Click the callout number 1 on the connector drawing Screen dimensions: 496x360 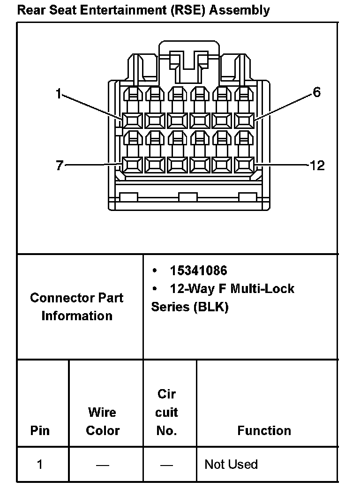[x=59, y=94]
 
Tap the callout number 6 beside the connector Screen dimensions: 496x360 [x=317, y=92]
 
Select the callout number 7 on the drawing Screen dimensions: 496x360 [x=59, y=165]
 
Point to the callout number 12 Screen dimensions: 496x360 [x=317, y=165]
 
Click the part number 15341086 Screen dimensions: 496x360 [x=198, y=271]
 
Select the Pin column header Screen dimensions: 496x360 [x=40, y=430]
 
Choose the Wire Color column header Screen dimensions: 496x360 [x=103, y=421]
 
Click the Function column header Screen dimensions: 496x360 [x=264, y=430]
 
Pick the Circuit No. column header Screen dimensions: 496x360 [x=166, y=412]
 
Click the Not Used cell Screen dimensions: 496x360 [x=231, y=464]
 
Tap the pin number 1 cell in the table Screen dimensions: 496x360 [x=40, y=464]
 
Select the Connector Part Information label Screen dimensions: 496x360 [x=77, y=307]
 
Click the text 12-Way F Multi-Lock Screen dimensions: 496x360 [x=232, y=288]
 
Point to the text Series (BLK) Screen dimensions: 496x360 [x=189, y=307]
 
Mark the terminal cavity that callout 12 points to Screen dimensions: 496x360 [x=244, y=165]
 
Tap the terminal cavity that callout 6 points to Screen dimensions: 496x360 [x=244, y=121]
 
